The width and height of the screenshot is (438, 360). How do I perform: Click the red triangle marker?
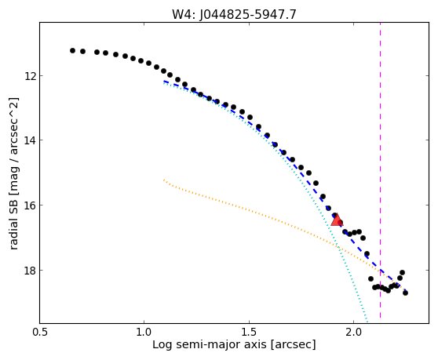(337, 220)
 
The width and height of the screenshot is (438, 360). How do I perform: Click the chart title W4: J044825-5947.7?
(234, 15)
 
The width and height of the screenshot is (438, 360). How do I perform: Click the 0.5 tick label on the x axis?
(40, 333)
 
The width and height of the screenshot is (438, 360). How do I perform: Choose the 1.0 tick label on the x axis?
(144, 333)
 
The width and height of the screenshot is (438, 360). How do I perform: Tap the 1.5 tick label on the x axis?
(249, 333)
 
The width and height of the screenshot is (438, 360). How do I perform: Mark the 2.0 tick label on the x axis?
(353, 333)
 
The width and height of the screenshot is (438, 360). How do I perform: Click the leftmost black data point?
(73, 50)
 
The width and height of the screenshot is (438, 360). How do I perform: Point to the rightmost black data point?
(405, 293)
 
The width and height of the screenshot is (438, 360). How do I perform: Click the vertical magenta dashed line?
(380, 170)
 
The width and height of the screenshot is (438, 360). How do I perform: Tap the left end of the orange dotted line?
(164, 180)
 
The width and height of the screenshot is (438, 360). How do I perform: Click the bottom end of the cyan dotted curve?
(367, 322)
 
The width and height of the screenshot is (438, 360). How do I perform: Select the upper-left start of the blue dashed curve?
(164, 82)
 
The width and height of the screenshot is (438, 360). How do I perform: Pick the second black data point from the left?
(82, 51)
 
